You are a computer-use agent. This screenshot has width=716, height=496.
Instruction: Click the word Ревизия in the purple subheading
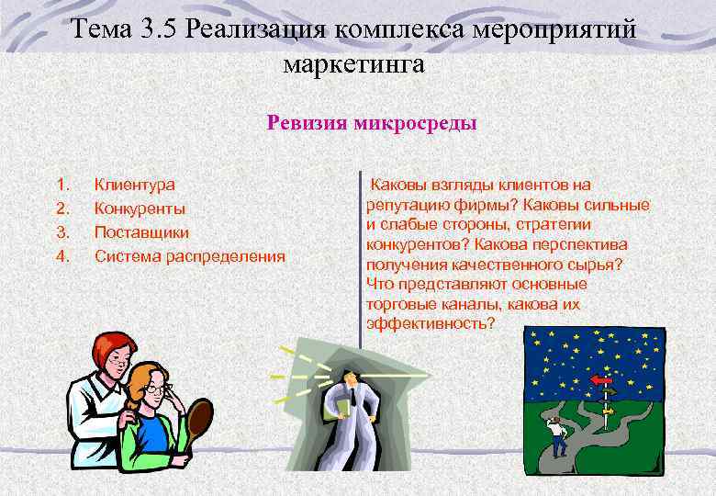click(x=308, y=123)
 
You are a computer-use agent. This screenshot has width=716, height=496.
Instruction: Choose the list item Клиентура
click(x=135, y=185)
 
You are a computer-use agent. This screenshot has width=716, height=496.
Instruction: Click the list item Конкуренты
click(x=140, y=209)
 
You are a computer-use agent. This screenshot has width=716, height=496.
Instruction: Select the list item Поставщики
click(x=142, y=231)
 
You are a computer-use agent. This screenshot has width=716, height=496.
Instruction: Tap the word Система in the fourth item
click(x=127, y=255)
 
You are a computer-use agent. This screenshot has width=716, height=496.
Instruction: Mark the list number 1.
click(x=62, y=185)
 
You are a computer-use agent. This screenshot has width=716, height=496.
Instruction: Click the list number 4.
click(x=62, y=255)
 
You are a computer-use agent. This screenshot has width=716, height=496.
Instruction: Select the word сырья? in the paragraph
click(x=598, y=265)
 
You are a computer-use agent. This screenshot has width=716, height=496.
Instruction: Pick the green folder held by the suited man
click(x=342, y=405)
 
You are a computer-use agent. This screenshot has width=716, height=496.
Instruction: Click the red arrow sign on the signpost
click(x=601, y=379)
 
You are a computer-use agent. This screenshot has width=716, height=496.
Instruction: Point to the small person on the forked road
click(x=555, y=433)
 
